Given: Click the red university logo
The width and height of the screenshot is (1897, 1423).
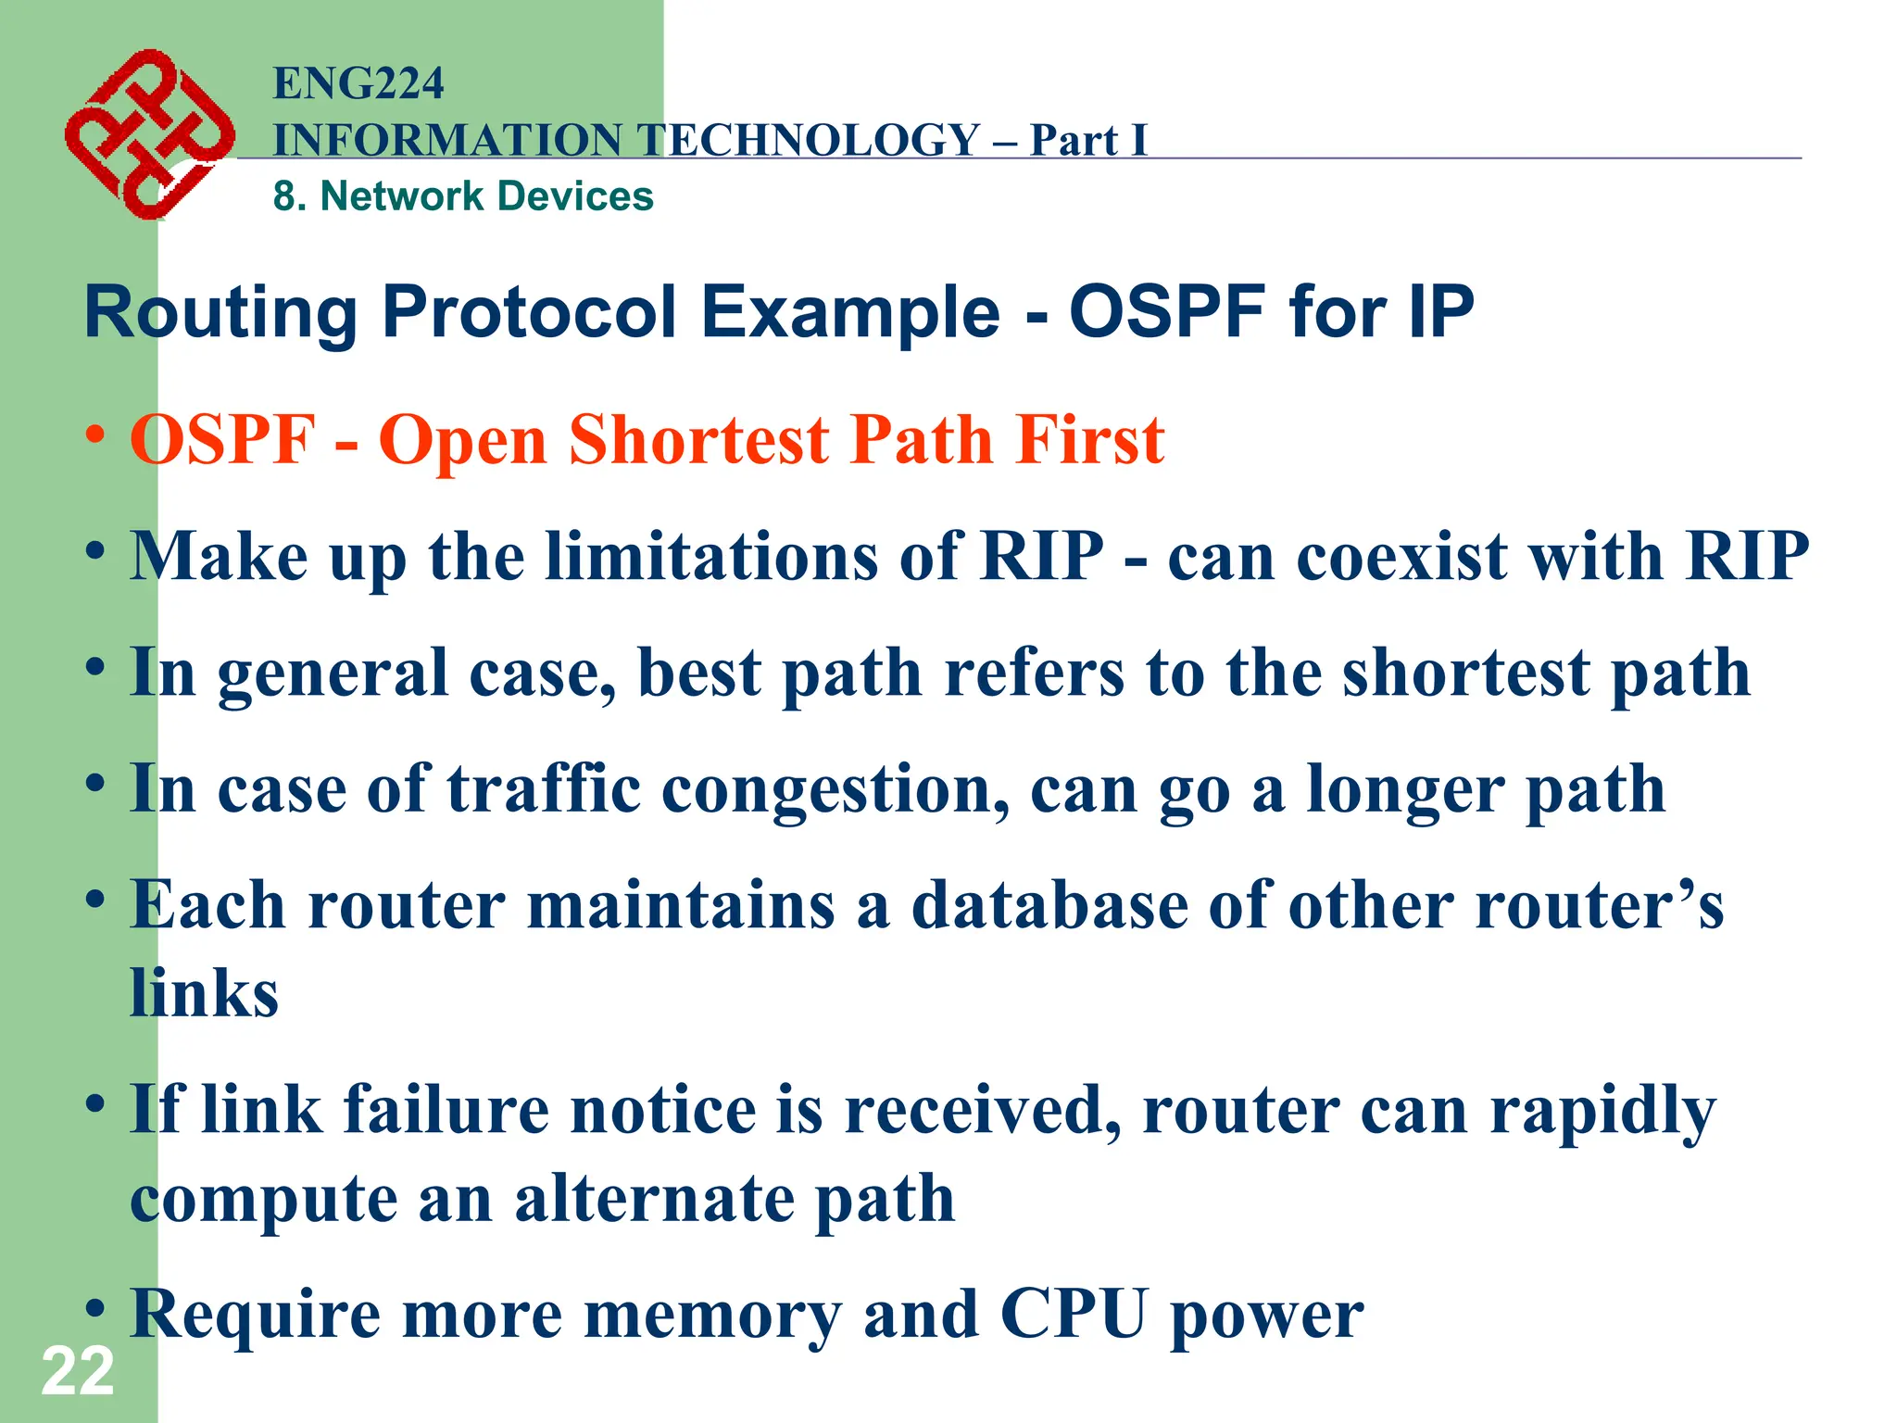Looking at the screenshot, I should coord(148,134).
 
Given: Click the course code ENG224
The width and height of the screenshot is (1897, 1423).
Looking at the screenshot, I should coord(358,83).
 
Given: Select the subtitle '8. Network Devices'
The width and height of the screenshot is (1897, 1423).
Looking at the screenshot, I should coord(463,196).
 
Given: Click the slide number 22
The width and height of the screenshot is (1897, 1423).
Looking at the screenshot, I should coord(78,1371).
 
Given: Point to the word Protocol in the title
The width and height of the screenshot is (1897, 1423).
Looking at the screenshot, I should coord(529,312).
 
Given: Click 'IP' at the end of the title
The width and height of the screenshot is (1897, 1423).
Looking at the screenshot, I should coord(1440,312).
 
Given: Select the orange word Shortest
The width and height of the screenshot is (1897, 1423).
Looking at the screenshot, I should coord(699,440).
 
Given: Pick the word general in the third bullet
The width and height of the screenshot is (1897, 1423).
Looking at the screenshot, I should coord(333,674).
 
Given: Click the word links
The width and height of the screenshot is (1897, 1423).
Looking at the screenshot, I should coord(204,993).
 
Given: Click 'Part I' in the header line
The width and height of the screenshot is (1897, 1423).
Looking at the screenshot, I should coord(1088,141).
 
